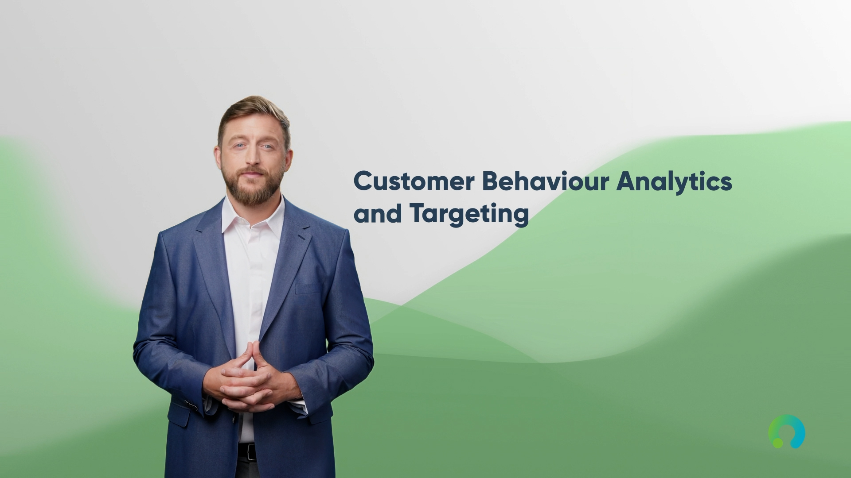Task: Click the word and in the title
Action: tap(378, 214)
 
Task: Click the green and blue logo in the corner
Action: tap(787, 431)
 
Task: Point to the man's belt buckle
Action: tap(251, 451)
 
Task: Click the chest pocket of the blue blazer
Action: tap(309, 289)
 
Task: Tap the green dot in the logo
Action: tap(776, 442)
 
